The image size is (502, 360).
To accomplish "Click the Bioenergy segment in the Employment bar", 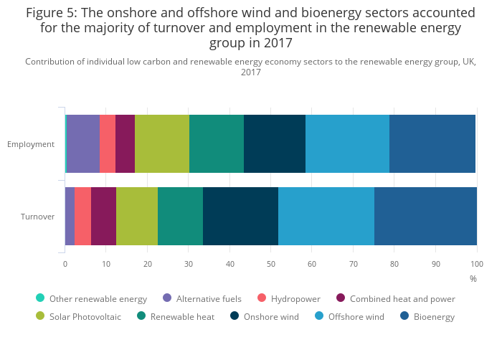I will (432, 143).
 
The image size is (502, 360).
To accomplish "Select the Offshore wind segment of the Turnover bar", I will (326, 216).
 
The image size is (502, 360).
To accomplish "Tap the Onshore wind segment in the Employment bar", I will (275, 143).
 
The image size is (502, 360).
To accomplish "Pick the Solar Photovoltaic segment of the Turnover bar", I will (137, 216).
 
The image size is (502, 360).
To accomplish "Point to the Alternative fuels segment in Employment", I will (83, 143).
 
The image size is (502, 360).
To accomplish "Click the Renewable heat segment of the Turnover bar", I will (180, 216).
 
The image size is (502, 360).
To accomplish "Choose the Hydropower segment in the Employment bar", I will (108, 143).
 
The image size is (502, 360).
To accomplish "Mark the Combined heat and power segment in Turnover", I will (103, 216).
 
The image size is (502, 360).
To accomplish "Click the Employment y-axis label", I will (31, 144).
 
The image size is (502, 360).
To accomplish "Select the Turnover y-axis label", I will (37, 216).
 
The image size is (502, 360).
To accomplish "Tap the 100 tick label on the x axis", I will (476, 264).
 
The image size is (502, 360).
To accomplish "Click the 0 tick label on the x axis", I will (65, 264).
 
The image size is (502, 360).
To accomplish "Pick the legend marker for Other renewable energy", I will (40, 298).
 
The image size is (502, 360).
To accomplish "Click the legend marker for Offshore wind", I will (318, 316).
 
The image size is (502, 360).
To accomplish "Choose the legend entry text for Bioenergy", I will (434, 317).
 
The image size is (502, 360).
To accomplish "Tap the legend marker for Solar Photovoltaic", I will (40, 316).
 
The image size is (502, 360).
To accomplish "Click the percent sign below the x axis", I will (473, 278).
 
